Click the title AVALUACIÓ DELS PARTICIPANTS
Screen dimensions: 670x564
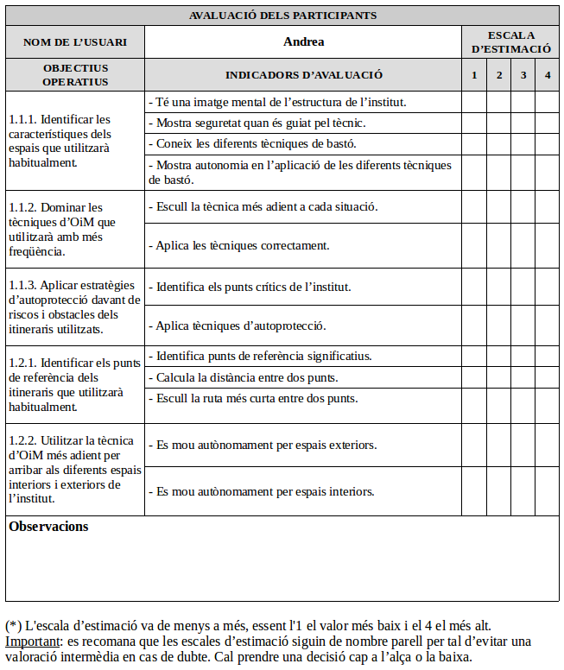(x=282, y=16)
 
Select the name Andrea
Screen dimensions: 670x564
(x=303, y=41)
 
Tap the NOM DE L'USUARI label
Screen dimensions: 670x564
(x=75, y=41)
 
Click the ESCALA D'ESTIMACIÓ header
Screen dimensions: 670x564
(x=510, y=41)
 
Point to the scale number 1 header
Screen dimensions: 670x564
(x=473, y=75)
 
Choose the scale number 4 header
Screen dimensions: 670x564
(x=548, y=75)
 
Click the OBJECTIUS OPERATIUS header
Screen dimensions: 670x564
(x=75, y=75)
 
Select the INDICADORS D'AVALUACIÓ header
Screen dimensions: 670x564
(x=303, y=75)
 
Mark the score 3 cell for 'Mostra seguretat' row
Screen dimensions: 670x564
(x=523, y=123)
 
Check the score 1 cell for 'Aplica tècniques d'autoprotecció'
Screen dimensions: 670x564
(x=473, y=326)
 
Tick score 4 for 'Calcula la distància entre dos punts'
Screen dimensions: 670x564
(x=548, y=377)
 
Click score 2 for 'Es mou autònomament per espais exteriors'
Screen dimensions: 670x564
(x=498, y=445)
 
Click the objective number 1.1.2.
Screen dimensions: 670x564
(x=25, y=207)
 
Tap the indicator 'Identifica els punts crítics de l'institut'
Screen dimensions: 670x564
(x=253, y=287)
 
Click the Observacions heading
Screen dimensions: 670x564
(x=48, y=527)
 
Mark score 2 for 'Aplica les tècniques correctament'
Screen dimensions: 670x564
(x=498, y=245)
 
